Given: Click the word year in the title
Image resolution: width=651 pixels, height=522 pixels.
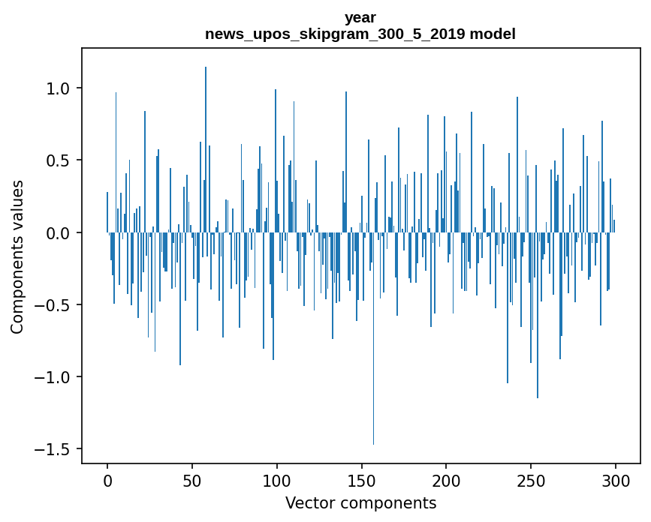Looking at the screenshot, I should click(360, 17).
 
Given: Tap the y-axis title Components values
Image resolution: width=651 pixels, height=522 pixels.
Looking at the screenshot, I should click(17, 256).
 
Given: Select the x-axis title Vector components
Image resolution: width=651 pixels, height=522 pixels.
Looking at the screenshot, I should click(360, 502).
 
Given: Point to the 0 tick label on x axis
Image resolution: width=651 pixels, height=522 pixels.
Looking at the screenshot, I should click(107, 480).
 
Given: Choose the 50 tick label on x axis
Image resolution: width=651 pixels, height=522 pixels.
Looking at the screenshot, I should click(192, 480).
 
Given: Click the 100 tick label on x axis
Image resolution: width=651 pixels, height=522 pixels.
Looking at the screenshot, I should click(277, 480).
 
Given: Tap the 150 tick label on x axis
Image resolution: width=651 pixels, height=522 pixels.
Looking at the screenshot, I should click(361, 480).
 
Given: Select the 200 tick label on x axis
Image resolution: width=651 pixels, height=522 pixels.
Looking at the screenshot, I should click(446, 480).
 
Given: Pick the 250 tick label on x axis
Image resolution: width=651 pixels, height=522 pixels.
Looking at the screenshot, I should click(531, 480).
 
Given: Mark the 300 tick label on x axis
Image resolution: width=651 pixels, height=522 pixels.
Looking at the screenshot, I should click(616, 480).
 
